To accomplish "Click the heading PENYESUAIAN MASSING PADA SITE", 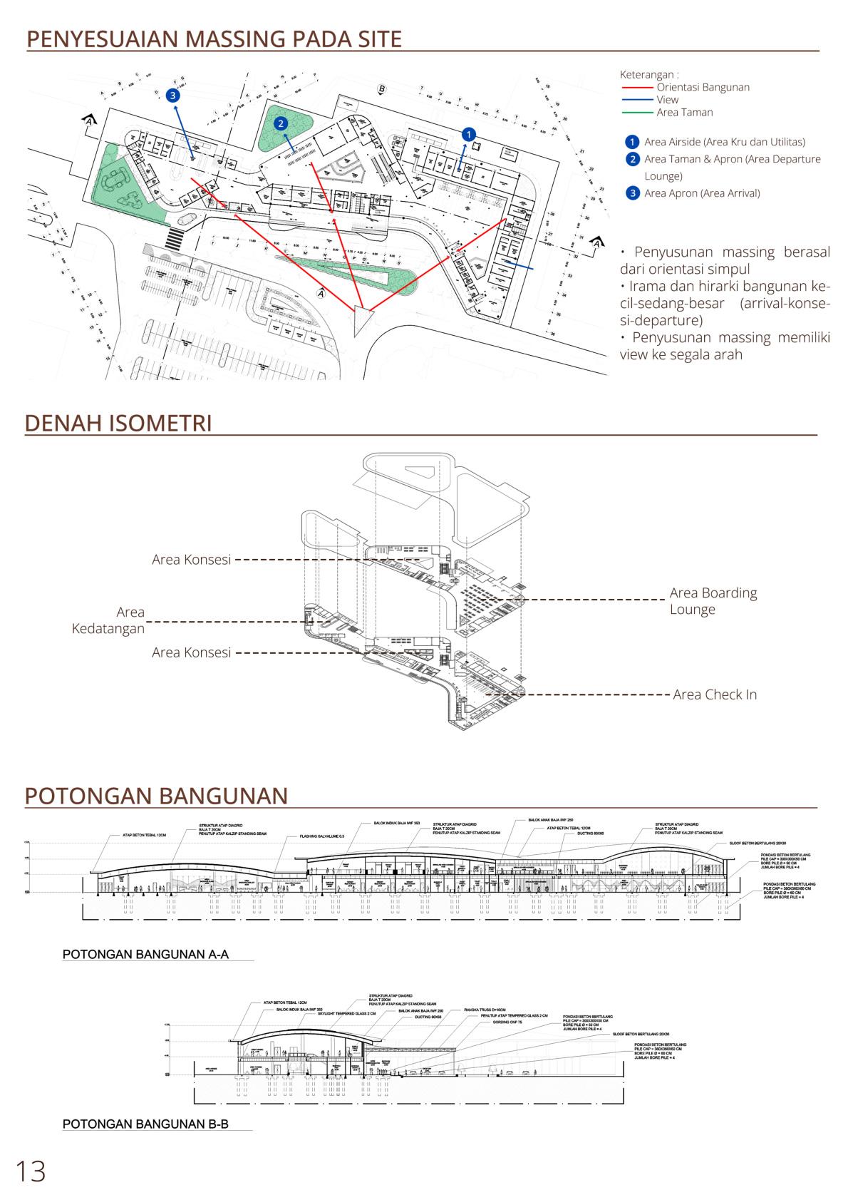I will tap(214, 39).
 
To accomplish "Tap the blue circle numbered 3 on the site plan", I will tap(172, 94).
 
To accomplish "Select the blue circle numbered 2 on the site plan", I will tap(281, 123).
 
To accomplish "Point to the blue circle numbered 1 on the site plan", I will tap(468, 133).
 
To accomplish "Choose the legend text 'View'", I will tap(668, 100).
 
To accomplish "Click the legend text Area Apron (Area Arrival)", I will tap(702, 193).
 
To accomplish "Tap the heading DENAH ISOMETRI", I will tap(118, 423).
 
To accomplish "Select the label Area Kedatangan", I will tap(108, 620).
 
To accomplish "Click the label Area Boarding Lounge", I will tap(713, 601).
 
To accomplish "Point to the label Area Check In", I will tap(715, 694).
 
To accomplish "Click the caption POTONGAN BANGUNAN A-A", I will tap(145, 955).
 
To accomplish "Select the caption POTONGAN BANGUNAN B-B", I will tap(145, 1124).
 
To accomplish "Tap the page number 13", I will tap(31, 1171).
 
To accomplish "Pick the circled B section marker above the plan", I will tap(382, 88).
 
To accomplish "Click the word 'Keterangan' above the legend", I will tap(648, 74).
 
